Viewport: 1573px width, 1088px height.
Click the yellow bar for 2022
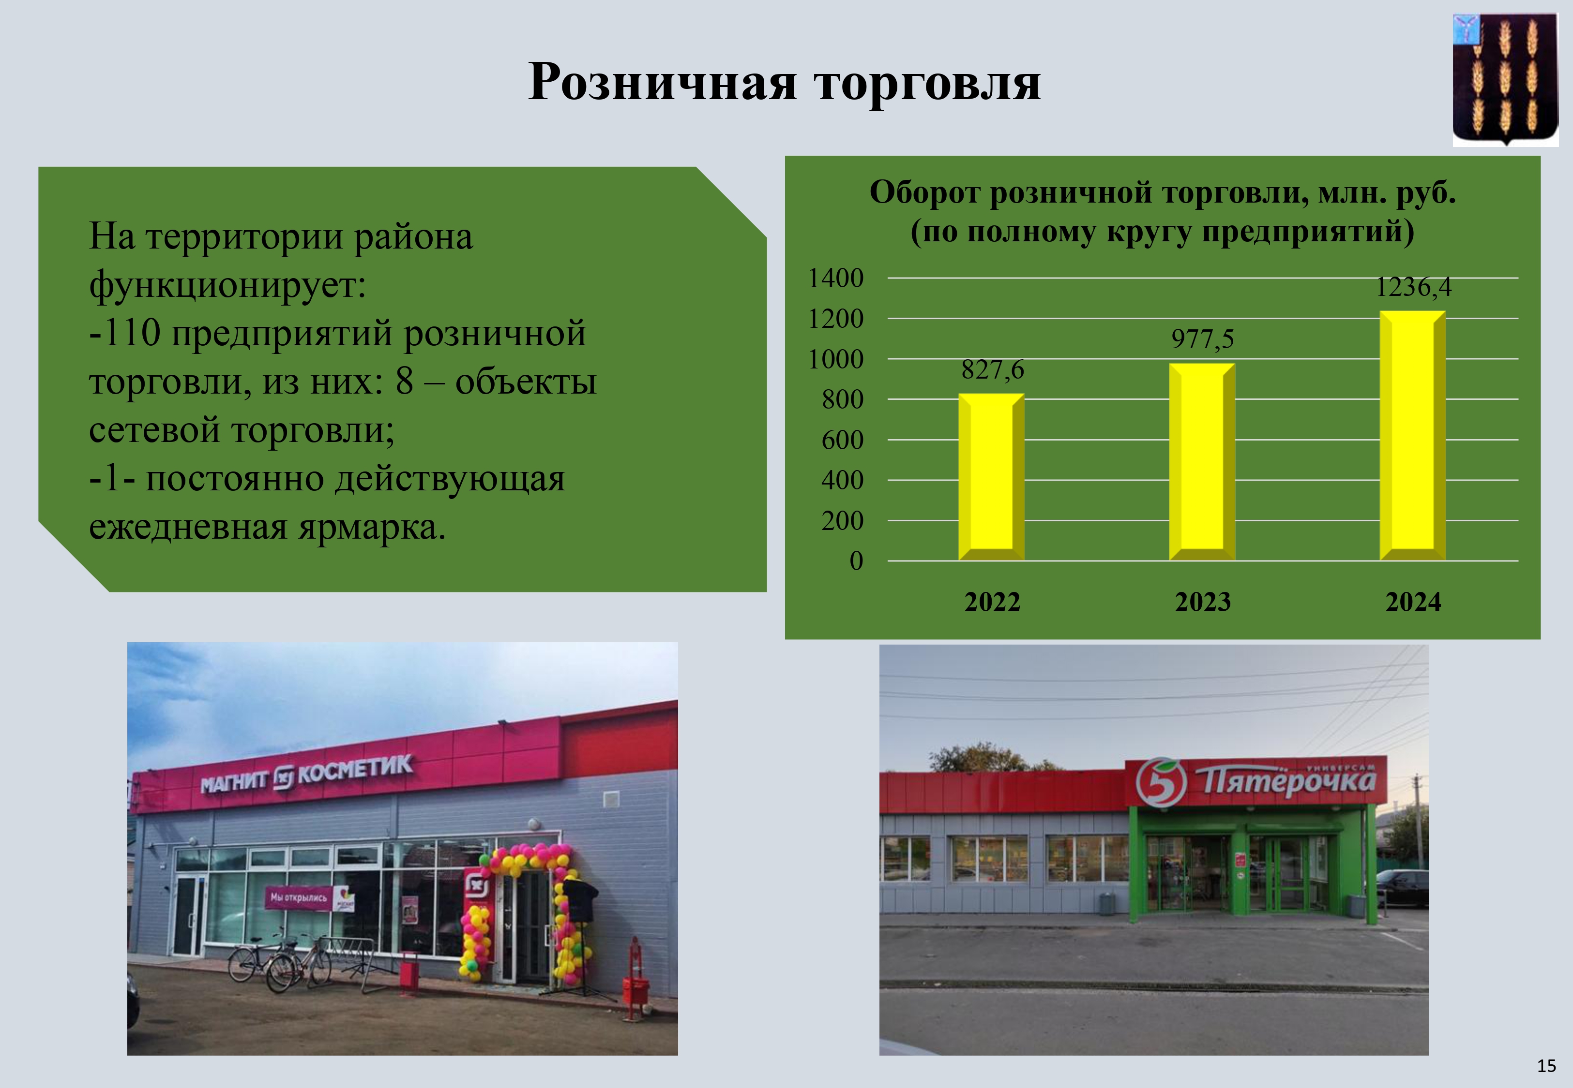991,477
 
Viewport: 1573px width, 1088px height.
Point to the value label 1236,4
1413,287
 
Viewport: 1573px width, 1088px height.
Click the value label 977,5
1203,339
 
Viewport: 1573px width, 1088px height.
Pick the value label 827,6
993,369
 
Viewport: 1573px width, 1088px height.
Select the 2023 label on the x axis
1203,603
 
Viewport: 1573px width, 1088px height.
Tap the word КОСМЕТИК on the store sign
355,770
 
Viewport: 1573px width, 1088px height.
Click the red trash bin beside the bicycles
408,969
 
